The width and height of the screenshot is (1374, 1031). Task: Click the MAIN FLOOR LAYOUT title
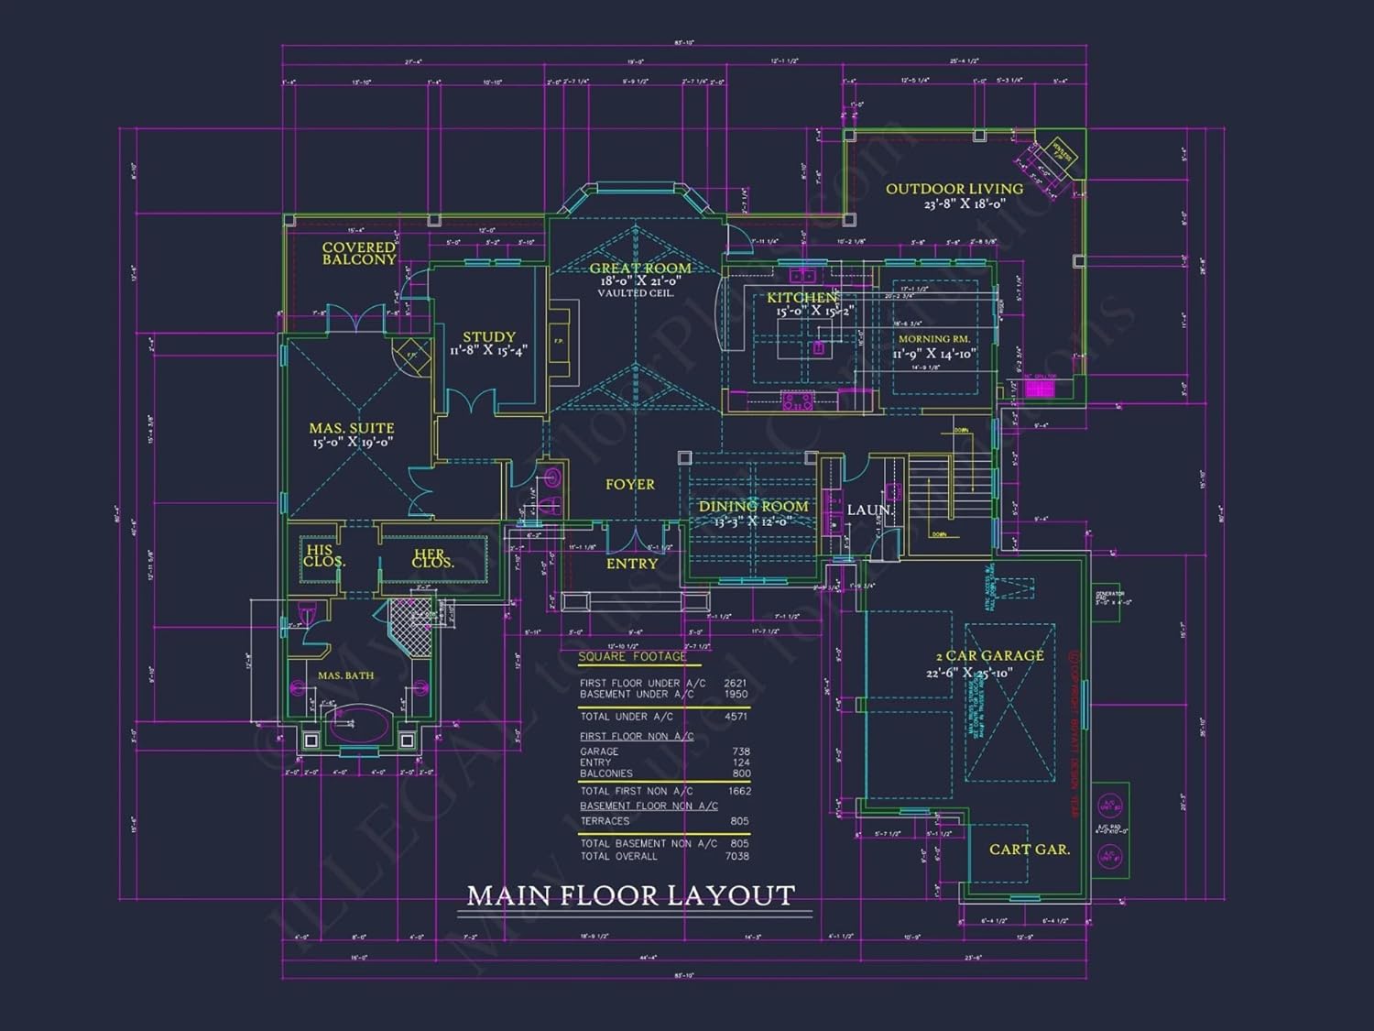630,895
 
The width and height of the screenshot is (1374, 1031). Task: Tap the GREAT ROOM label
640,269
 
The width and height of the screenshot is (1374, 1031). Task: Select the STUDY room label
489,337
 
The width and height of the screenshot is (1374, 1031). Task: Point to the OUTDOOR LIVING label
954,189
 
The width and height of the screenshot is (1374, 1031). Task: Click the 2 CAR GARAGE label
989,656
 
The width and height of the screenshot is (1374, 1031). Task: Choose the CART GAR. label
1029,850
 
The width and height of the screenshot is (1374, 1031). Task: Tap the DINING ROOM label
753,507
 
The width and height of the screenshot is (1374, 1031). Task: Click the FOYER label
630,484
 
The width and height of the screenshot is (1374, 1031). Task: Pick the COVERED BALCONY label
359,253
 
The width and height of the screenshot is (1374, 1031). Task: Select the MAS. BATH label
345,675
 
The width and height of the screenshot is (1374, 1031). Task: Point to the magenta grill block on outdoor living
1040,389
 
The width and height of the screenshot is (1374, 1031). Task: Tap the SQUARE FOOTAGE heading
632,656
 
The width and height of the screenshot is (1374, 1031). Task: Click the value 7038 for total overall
736,856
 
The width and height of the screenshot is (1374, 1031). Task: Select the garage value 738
741,751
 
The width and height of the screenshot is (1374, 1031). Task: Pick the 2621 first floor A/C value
736,683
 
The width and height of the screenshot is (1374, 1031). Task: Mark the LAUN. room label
869,510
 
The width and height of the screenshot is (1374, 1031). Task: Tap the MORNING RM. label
933,339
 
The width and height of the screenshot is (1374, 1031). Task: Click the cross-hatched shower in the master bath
410,626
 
